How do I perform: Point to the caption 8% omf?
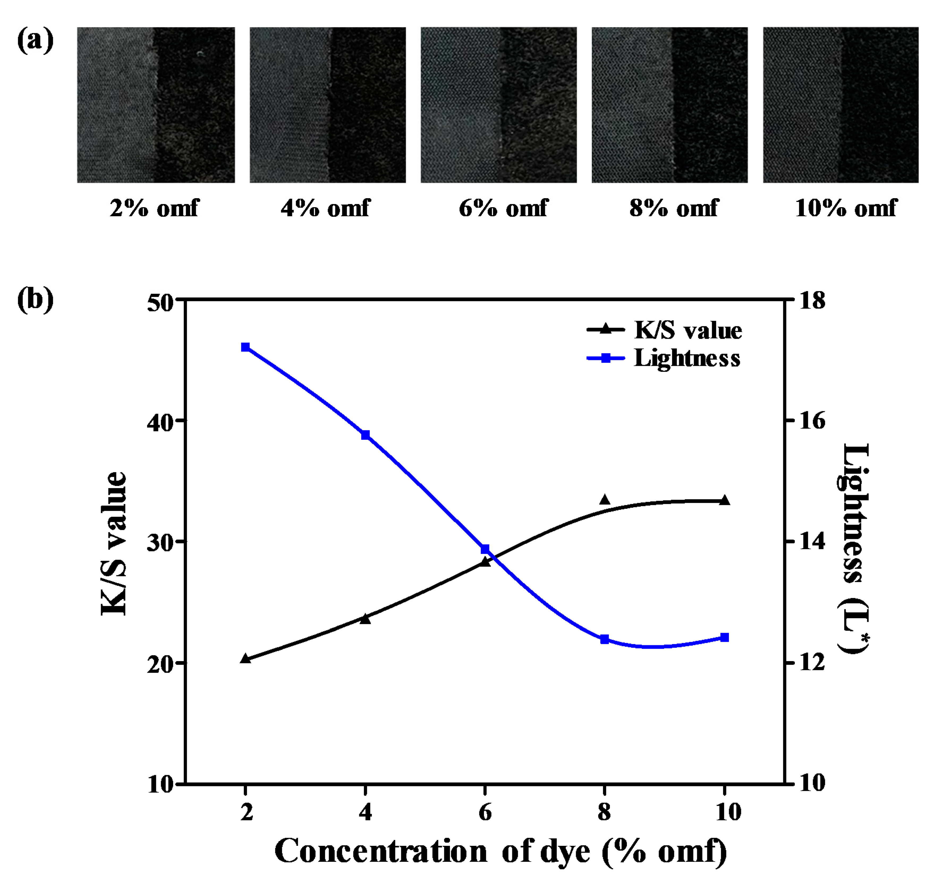(673, 208)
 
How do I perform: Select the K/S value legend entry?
(664, 330)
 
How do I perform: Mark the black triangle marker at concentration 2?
(245, 658)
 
